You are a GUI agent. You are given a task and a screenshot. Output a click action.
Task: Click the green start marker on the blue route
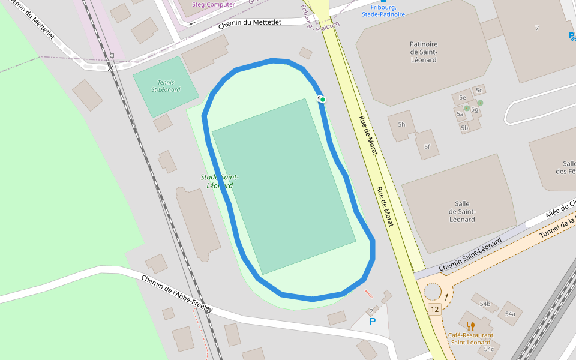[322, 99]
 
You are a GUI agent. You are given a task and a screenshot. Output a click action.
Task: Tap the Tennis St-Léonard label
[165, 86]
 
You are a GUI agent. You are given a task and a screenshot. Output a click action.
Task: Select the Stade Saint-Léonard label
[220, 181]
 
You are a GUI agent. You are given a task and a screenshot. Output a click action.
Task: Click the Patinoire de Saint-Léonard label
[424, 52]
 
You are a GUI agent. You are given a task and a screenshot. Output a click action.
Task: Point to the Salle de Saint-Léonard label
[462, 212]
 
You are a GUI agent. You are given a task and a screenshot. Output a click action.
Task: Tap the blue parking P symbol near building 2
[373, 322]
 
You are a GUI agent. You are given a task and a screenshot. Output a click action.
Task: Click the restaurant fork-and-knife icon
[470, 326]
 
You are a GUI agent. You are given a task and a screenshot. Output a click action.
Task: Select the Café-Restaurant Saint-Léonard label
[472, 339]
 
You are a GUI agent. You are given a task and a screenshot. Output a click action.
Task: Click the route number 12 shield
[435, 309]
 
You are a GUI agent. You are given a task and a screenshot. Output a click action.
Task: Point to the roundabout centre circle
[433, 292]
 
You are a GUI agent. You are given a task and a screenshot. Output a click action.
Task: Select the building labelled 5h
[401, 125]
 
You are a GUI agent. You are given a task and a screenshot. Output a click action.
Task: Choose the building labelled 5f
[427, 146]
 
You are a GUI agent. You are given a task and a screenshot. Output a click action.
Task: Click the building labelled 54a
[510, 314]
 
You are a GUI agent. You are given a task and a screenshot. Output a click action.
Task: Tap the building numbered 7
[537, 28]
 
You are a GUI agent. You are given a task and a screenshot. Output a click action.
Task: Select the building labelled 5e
[462, 97]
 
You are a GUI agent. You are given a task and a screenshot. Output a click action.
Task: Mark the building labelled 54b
[484, 304]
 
